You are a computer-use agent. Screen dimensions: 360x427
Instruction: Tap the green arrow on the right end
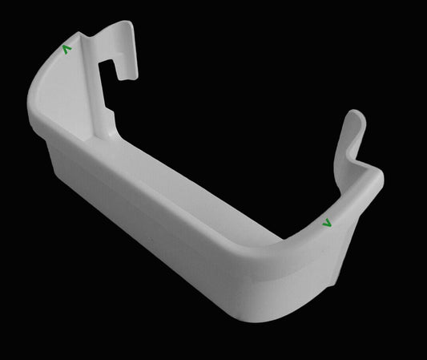(x=326, y=223)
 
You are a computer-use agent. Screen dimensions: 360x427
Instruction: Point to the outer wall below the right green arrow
(x=336, y=257)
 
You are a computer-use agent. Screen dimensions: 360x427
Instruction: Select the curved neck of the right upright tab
(x=352, y=148)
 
